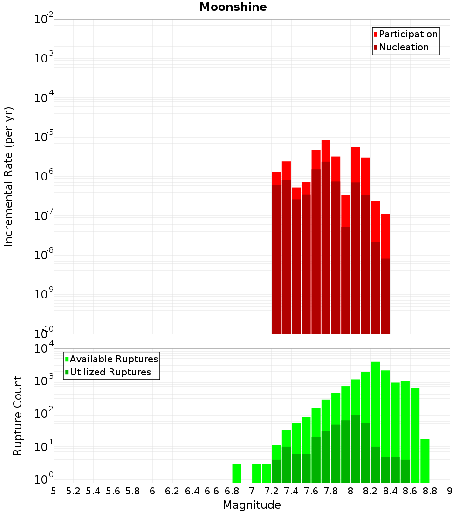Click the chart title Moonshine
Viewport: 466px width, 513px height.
click(x=233, y=7)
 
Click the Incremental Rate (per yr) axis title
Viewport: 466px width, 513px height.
click(x=9, y=177)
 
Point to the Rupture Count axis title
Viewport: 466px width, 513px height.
click(x=18, y=416)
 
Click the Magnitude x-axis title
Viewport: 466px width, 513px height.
click(x=252, y=505)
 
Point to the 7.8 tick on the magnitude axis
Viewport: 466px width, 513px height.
click(x=331, y=491)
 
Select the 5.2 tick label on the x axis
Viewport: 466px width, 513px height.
click(x=73, y=491)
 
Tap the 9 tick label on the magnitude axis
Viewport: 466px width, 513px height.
click(x=450, y=491)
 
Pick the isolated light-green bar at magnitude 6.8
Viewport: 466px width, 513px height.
click(x=237, y=473)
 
